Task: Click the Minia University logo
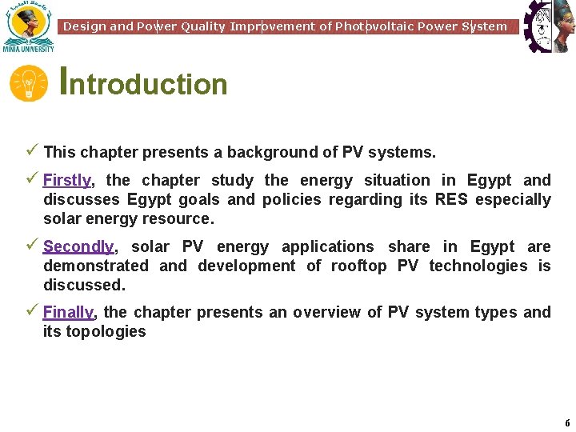[x=28, y=26]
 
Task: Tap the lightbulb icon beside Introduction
[x=29, y=84]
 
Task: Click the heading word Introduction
[x=144, y=83]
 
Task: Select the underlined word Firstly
[x=67, y=181]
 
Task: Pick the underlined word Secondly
[x=78, y=247]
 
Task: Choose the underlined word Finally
[x=68, y=313]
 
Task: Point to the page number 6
[x=567, y=423]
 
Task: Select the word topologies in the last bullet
[x=106, y=332]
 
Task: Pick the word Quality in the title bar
[x=203, y=26]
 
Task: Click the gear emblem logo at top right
[x=550, y=26]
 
